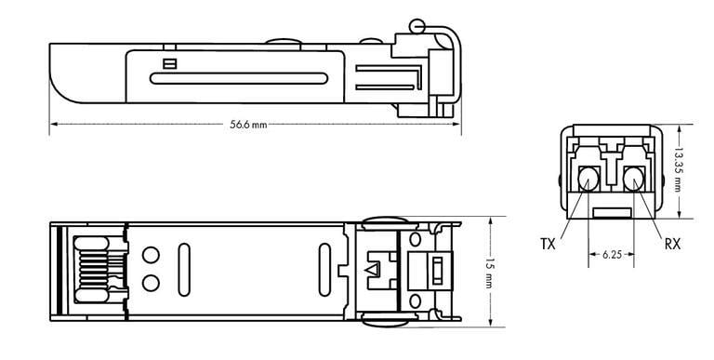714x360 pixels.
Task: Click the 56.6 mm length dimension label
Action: tap(248, 125)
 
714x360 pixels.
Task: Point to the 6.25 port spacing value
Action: tap(613, 253)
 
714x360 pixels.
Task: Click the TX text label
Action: tap(549, 244)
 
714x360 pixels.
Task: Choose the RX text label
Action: tap(672, 244)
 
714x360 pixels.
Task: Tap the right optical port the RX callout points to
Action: tap(635, 177)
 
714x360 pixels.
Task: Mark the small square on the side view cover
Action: tap(168, 64)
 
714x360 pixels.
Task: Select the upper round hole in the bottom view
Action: tap(150, 254)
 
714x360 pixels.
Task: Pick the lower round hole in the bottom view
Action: tap(150, 281)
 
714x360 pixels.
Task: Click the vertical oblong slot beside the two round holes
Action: tap(183, 268)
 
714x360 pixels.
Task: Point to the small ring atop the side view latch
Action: tap(417, 26)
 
